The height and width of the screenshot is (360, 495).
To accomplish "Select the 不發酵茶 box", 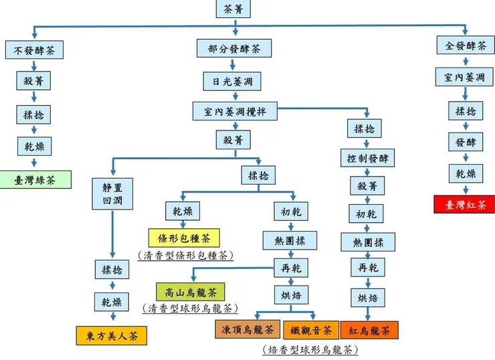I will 34,50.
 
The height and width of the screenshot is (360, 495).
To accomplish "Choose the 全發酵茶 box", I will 466,46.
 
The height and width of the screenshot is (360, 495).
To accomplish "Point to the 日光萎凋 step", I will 233,81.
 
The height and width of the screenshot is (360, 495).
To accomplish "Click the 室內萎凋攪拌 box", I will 235,111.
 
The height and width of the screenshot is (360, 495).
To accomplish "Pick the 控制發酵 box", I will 367,158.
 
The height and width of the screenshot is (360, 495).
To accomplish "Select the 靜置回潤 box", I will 112,192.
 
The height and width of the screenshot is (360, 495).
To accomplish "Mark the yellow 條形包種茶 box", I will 184,238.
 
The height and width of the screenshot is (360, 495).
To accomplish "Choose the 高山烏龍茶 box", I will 190,292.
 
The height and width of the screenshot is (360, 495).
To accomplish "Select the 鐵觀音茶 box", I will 308,330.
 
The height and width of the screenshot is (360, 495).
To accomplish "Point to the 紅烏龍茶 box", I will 369,330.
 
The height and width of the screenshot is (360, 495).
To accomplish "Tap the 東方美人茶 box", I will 111,335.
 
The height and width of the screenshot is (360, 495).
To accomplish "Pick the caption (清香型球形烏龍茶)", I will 190,308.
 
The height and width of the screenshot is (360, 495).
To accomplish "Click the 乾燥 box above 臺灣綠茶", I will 34,145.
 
